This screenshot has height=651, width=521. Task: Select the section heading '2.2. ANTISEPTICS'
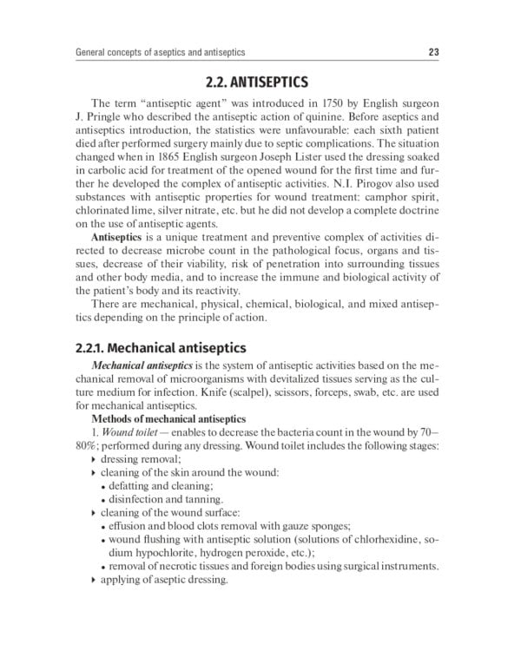tap(257, 84)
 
